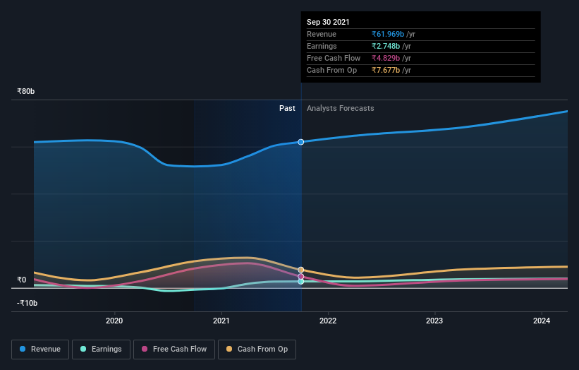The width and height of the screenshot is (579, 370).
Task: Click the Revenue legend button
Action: pos(40,349)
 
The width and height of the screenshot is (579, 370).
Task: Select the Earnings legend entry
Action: pos(101,349)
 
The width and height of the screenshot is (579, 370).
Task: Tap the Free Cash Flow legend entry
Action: pos(173,349)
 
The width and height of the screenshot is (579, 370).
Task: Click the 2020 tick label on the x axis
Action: pos(114,321)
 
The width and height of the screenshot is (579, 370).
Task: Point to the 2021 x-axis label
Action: pos(221,321)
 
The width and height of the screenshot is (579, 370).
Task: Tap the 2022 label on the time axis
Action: pos(328,321)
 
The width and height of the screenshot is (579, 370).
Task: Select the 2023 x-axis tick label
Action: pos(434,321)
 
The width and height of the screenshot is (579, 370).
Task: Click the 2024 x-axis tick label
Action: pos(541,321)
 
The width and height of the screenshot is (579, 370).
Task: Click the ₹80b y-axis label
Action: pos(26,92)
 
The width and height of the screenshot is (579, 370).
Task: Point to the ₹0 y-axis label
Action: pos(22,280)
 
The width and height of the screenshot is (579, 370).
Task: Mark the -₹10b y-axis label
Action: pos(28,303)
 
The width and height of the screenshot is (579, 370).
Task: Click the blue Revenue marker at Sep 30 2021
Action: pos(301,142)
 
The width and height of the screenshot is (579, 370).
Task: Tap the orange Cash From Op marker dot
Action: pos(301,270)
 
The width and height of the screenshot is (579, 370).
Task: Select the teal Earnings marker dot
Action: pos(301,282)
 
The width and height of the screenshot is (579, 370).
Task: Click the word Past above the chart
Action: pos(287,108)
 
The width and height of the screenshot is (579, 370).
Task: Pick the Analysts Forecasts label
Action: pos(340,108)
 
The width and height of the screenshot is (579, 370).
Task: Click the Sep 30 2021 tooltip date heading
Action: pos(328,23)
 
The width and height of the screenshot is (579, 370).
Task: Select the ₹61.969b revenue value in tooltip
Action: pos(389,34)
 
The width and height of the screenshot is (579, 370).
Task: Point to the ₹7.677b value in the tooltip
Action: pos(386,70)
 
